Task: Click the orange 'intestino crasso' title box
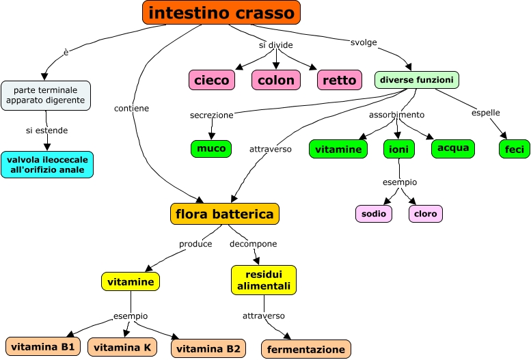pyautogui.click(x=221, y=12)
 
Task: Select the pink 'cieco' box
pyautogui.click(x=212, y=80)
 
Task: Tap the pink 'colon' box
pyautogui.click(x=276, y=80)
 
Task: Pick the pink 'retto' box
pyautogui.click(x=339, y=80)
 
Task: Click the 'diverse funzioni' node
pyautogui.click(x=417, y=80)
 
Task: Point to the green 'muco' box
pyautogui.click(x=211, y=148)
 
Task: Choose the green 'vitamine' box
pyautogui.click(x=338, y=149)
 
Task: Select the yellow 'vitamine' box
pyautogui.click(x=131, y=281)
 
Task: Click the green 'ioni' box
pyautogui.click(x=398, y=149)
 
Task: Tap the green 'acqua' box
pyautogui.click(x=452, y=148)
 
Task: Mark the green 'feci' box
pyautogui.click(x=514, y=148)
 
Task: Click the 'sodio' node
pyautogui.click(x=374, y=213)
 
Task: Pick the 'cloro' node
pyautogui.click(x=425, y=213)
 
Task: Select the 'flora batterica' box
pyautogui.click(x=225, y=214)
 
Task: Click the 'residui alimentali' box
pyautogui.click(x=264, y=280)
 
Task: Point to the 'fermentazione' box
pyautogui.click(x=306, y=349)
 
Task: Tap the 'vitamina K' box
pyautogui.click(x=122, y=347)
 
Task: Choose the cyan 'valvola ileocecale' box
pyautogui.click(x=47, y=165)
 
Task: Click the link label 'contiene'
pyautogui.click(x=132, y=108)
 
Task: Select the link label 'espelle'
pyautogui.click(x=486, y=113)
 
